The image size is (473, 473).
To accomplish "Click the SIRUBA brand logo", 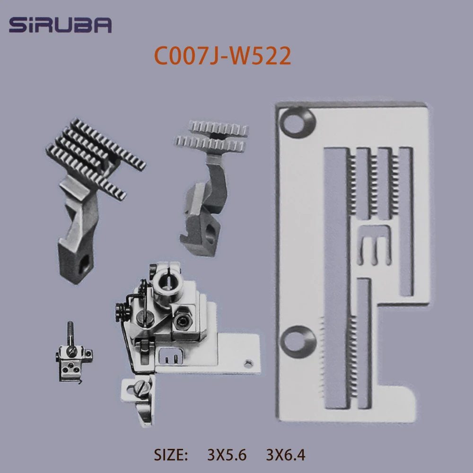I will pyautogui.click(x=60, y=25).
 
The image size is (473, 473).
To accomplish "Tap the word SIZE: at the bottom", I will pyautogui.click(x=172, y=455).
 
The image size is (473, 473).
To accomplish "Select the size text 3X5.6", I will pyautogui.click(x=227, y=455).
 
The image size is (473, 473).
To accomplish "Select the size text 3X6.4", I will pyautogui.click(x=286, y=455).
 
